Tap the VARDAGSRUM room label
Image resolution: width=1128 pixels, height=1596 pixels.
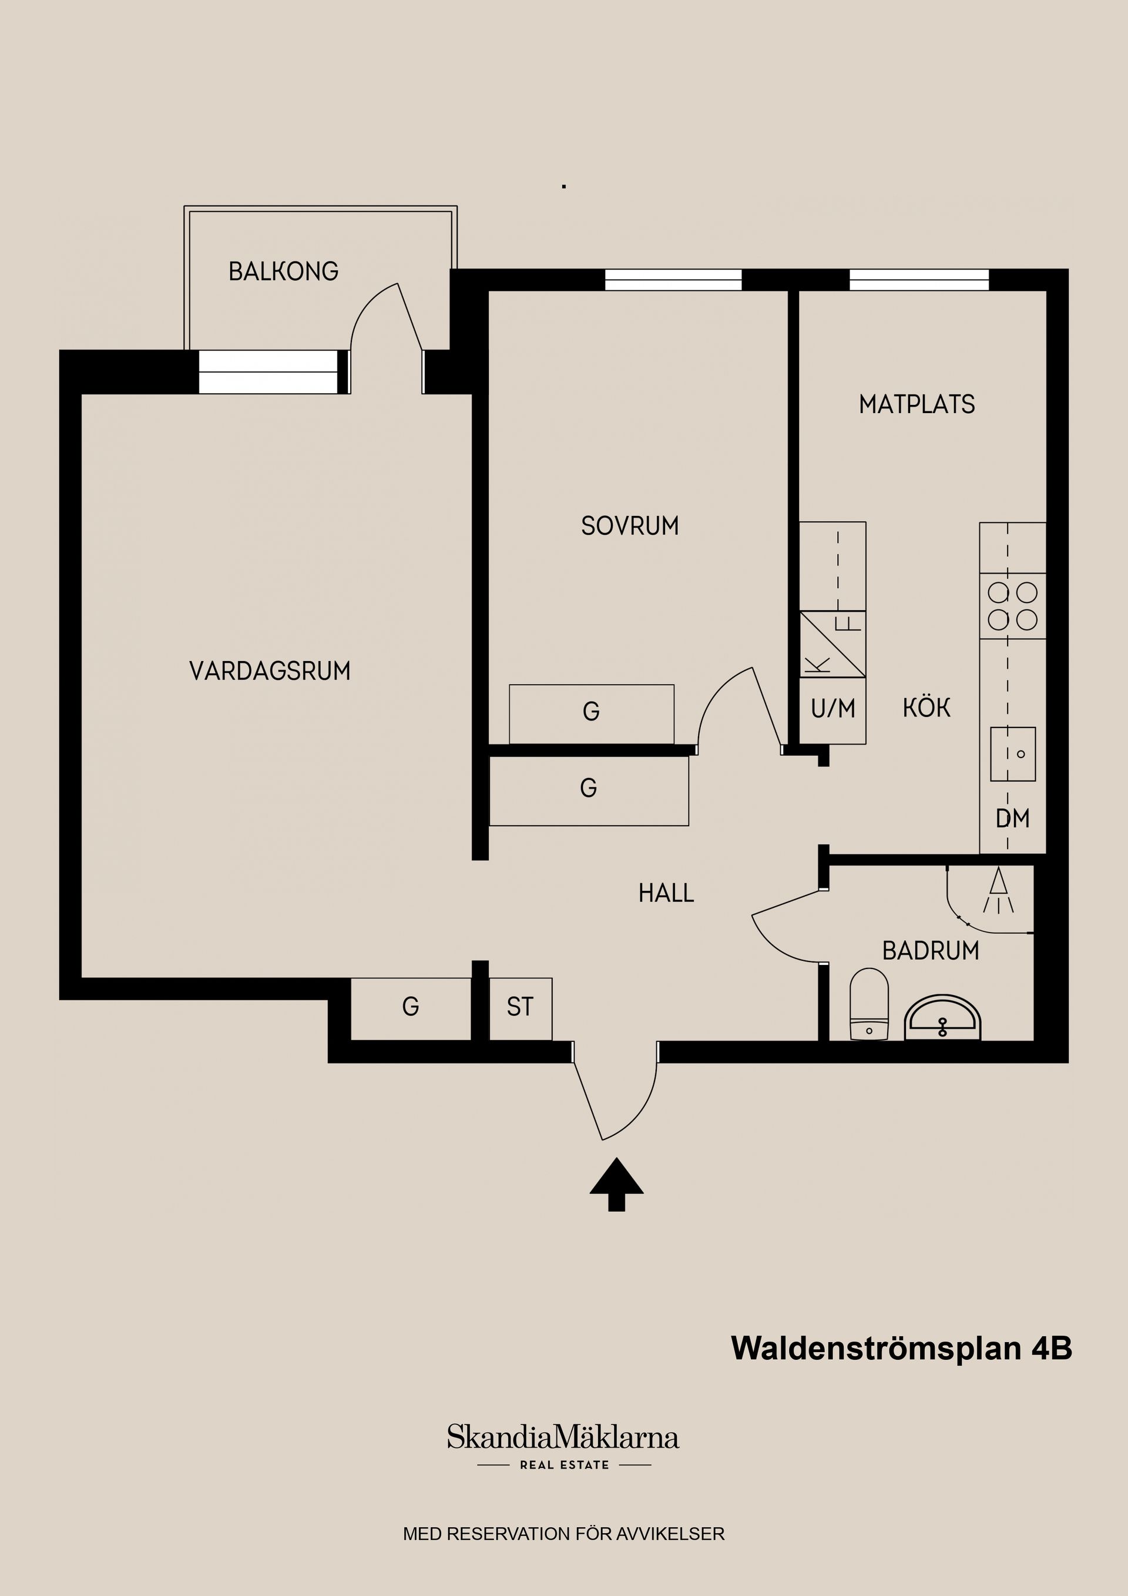(x=270, y=671)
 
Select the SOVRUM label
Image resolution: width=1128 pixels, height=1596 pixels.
(x=630, y=526)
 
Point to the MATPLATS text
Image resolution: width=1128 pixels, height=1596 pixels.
(x=916, y=404)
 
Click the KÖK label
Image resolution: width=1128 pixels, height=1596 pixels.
(x=926, y=708)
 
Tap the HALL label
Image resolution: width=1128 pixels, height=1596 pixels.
(x=666, y=893)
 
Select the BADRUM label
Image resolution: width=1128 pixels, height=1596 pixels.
(x=930, y=951)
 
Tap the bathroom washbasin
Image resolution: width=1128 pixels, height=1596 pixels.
(x=942, y=1018)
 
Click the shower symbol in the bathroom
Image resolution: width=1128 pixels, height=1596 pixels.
(x=998, y=891)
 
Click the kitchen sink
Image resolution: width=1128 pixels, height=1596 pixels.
(x=1013, y=754)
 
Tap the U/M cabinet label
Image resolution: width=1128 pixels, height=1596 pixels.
(x=832, y=709)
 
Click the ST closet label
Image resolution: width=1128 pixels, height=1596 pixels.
(x=520, y=1007)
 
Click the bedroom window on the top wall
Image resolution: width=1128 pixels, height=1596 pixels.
(x=673, y=280)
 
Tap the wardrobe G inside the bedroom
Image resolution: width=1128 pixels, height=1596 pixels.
(x=591, y=712)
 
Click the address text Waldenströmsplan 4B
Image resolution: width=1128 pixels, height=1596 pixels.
(x=901, y=1349)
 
